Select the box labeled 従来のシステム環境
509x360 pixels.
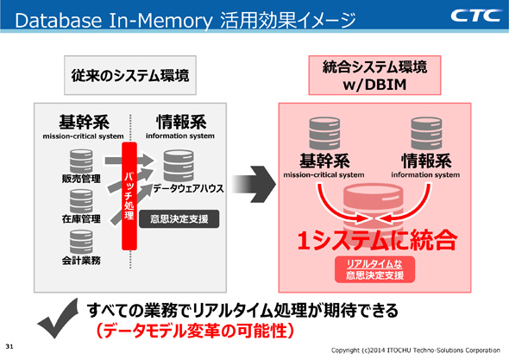point(126,76)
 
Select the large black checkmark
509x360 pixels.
point(58,324)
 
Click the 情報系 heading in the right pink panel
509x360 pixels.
point(425,161)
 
